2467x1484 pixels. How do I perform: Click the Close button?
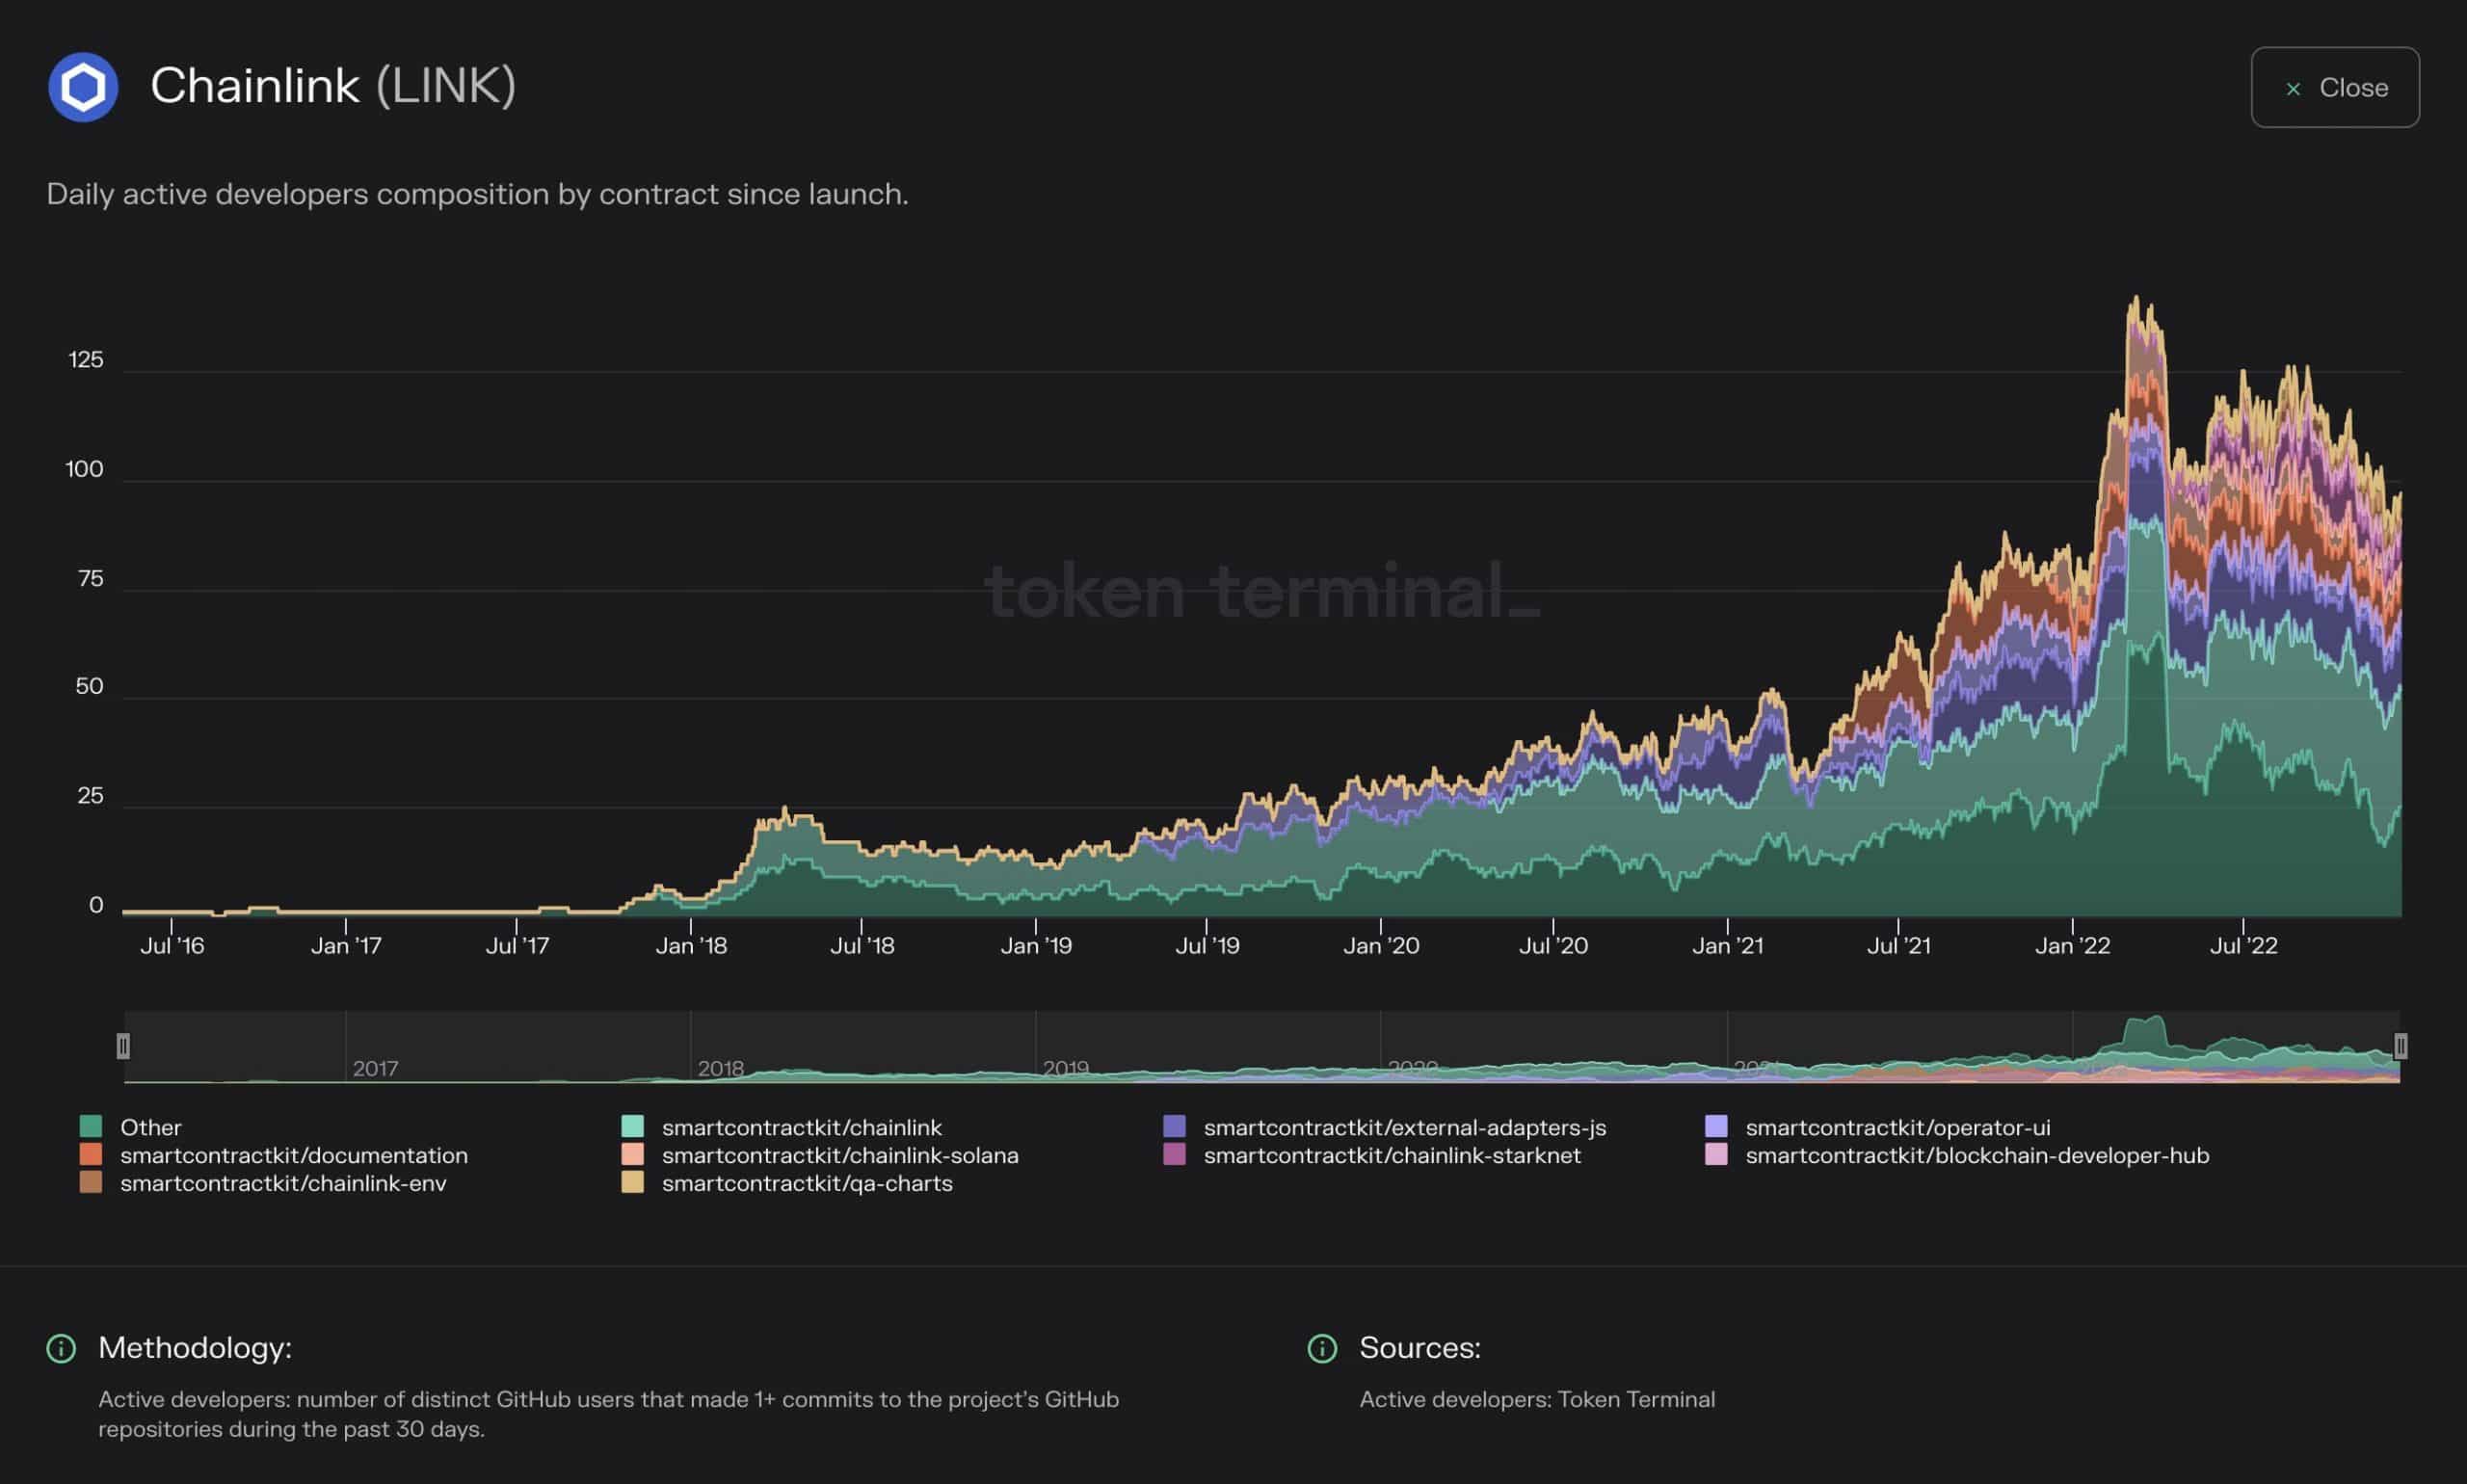2334,87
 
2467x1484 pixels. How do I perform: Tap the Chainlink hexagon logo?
83,87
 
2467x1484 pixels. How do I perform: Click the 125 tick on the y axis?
86,360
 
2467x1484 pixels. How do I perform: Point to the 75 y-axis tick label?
90,579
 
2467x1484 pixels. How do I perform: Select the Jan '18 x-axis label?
691,946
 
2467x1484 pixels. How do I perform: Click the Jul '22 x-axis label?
2243,946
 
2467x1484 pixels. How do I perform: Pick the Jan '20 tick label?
1381,946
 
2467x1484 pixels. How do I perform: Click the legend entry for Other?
150,1127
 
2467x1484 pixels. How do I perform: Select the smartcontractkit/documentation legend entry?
293,1155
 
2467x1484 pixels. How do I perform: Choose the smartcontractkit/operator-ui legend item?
1897,1127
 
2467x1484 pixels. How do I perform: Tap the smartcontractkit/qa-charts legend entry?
806,1183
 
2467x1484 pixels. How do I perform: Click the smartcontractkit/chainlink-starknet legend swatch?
1174,1155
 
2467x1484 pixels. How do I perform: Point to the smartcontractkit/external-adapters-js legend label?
1404,1127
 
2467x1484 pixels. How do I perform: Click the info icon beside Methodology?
61,1348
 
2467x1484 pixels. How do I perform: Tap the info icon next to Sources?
1322,1348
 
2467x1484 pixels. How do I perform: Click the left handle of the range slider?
123,1046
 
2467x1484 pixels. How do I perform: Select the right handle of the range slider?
2400,1046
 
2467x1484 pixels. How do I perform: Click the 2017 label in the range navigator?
375,1068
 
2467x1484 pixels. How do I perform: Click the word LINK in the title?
446,86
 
